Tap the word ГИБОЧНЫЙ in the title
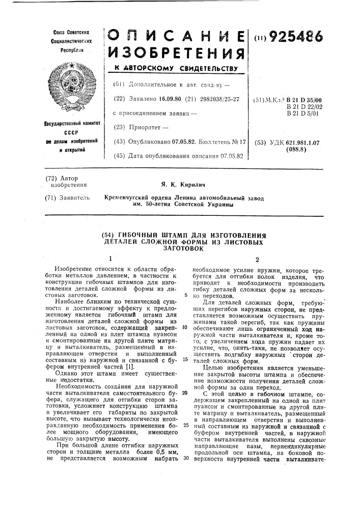point(140,235)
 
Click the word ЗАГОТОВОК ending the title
point(184,248)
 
